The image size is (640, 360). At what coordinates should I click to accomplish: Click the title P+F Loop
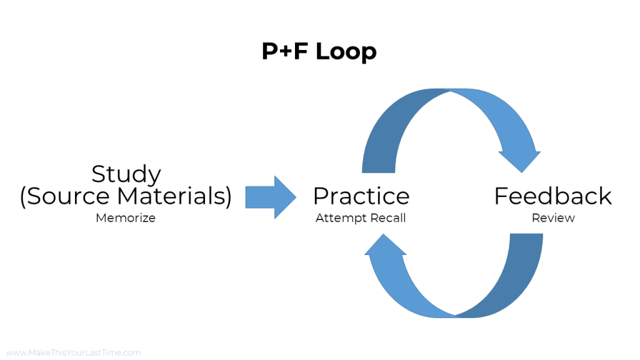pyautogui.click(x=319, y=52)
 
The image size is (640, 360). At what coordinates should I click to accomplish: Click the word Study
pyautogui.click(x=126, y=174)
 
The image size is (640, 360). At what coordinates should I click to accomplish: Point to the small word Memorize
pyautogui.click(x=126, y=218)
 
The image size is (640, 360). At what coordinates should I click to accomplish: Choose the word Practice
pyautogui.click(x=361, y=196)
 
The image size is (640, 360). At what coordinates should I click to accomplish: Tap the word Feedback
pyautogui.click(x=552, y=196)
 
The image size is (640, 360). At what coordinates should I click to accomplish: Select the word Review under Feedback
pyautogui.click(x=553, y=218)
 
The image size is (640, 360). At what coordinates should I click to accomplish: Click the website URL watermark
pyautogui.click(x=73, y=352)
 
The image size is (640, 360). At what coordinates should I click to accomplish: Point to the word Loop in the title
pyautogui.click(x=346, y=52)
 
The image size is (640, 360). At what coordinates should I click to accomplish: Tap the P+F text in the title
pyautogui.click(x=285, y=52)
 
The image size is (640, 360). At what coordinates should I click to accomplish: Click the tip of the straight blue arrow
pyautogui.click(x=295, y=197)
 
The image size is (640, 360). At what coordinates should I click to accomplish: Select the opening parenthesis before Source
pyautogui.click(x=23, y=197)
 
